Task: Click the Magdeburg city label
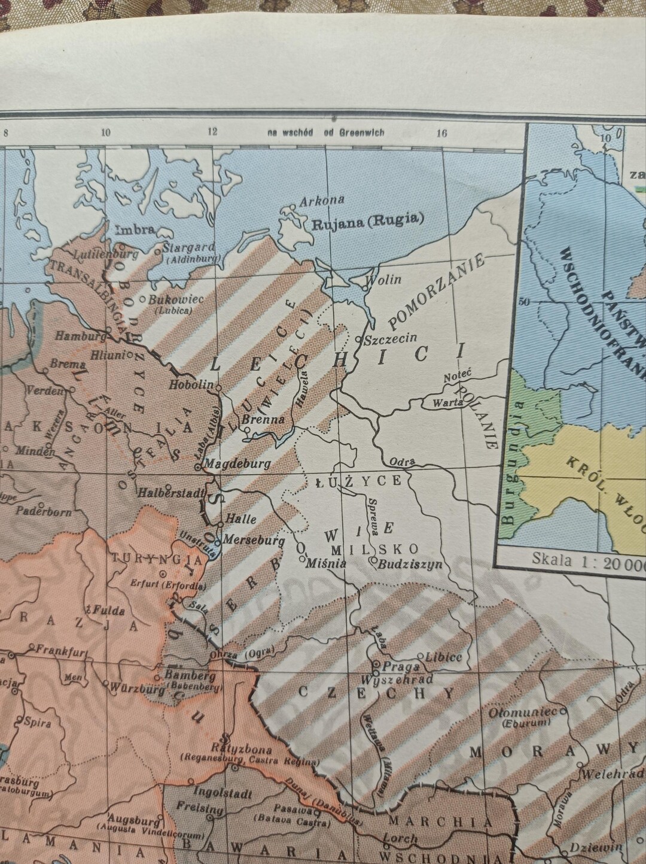click(x=237, y=463)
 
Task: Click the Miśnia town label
click(x=326, y=563)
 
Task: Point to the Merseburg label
click(x=254, y=539)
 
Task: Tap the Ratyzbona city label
click(x=242, y=750)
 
